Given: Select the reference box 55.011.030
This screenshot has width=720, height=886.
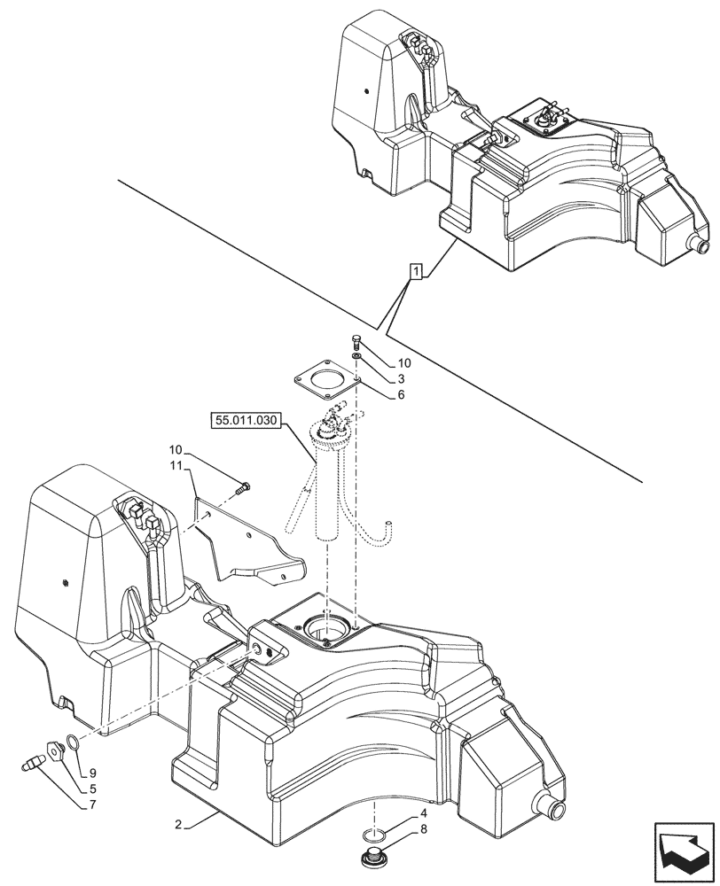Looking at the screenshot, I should pos(246,419).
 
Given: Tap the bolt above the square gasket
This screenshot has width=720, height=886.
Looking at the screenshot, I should pos(356,341).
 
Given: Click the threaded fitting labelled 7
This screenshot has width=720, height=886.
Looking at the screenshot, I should pos(35,761).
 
